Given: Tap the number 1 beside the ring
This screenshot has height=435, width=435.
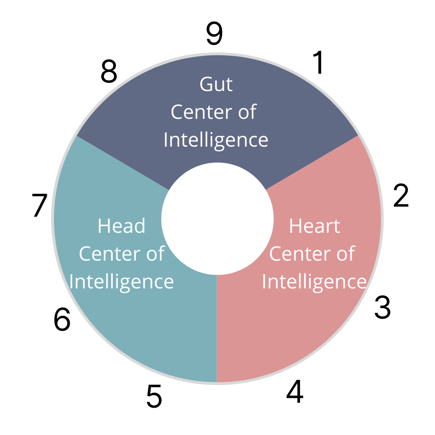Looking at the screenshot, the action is [x=319, y=63].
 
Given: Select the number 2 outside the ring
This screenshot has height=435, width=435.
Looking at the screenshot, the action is [x=401, y=196].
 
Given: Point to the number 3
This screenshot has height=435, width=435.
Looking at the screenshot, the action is [x=382, y=308].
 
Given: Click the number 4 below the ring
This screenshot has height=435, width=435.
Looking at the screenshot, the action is [x=294, y=392].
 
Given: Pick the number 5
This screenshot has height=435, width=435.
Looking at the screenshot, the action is [x=154, y=396].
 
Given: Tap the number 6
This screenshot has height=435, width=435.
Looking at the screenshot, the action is [x=62, y=320].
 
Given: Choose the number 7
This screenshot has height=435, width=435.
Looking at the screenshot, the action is [x=40, y=206].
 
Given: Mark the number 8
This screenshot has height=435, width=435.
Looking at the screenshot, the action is [x=109, y=72].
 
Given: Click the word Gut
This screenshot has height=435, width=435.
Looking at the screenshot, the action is [x=216, y=85].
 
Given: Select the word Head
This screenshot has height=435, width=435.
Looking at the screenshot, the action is [x=121, y=226].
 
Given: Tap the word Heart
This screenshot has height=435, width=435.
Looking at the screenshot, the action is [x=315, y=226].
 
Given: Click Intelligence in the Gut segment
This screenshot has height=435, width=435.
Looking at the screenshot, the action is [x=216, y=140].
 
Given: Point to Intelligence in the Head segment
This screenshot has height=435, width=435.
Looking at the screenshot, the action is [x=121, y=282].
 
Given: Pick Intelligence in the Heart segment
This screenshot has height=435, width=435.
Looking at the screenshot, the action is [x=314, y=282].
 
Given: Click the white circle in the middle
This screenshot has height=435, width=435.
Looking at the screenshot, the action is [x=217, y=219].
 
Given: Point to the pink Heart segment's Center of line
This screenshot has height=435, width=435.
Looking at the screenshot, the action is [x=312, y=254].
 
